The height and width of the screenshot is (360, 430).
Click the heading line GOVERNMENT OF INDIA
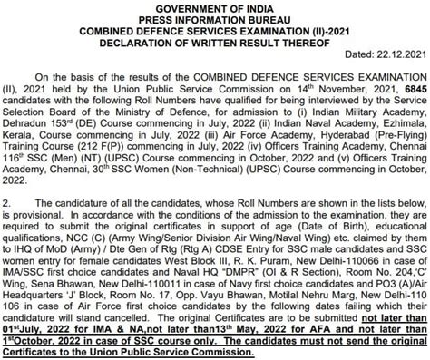[x=214, y=7]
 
